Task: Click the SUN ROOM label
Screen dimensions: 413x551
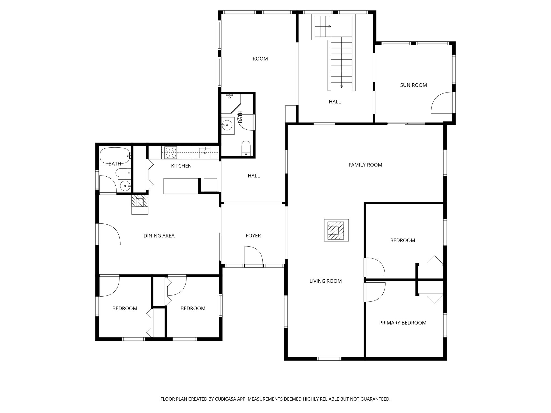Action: (413, 85)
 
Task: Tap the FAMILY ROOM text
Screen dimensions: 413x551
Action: (365, 165)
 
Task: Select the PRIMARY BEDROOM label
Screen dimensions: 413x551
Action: (402, 323)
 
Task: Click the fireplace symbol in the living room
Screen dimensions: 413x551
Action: (336, 230)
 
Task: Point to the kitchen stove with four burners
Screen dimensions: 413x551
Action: (171, 152)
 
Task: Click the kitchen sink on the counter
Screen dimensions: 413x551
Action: (205, 152)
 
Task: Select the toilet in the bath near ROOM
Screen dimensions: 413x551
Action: (246, 148)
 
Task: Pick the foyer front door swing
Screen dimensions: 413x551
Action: (253, 256)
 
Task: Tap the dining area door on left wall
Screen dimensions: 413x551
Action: (109, 234)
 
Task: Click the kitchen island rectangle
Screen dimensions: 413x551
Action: (181, 186)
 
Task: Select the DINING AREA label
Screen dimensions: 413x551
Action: (159, 236)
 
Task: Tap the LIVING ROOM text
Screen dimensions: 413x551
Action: (326, 281)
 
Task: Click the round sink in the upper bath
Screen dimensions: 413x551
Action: (228, 125)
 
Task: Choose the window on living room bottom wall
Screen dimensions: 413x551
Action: (329, 358)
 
